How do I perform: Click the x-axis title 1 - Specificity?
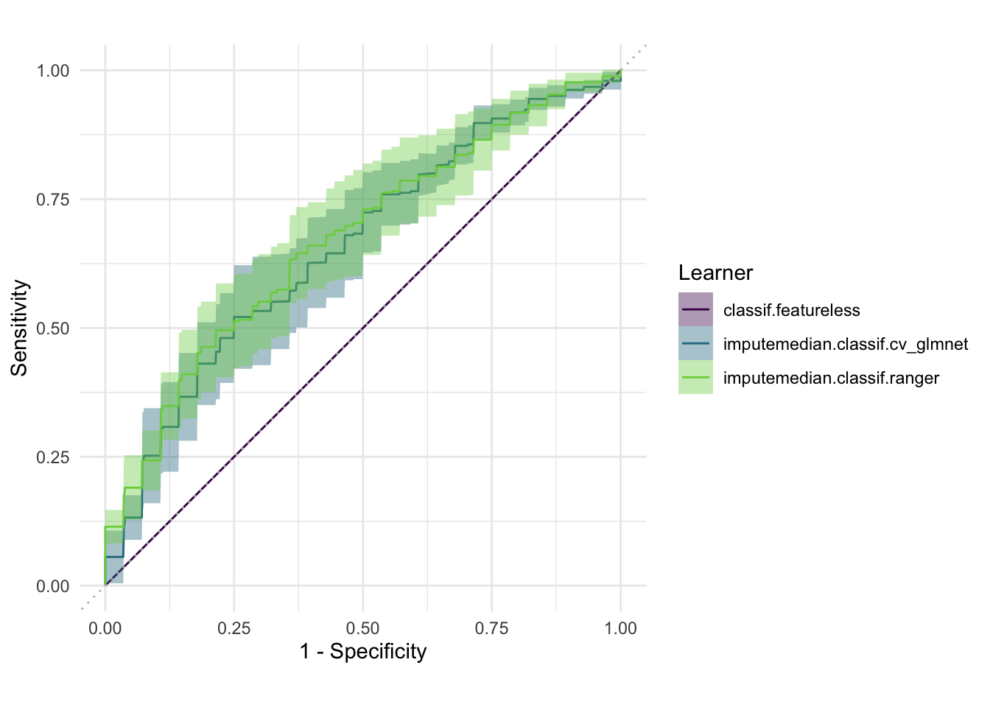click(x=363, y=652)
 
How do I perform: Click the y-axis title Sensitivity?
click(x=19, y=328)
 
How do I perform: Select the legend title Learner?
click(x=715, y=273)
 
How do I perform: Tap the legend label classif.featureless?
click(x=791, y=310)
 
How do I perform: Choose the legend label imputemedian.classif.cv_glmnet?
click(x=845, y=344)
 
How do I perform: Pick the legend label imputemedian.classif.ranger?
click(x=831, y=379)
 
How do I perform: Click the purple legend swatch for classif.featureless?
click(x=695, y=309)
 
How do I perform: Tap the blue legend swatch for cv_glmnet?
click(x=695, y=343)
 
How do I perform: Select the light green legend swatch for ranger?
click(x=695, y=377)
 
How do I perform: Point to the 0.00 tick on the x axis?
click(x=105, y=628)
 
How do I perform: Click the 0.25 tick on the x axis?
click(x=234, y=628)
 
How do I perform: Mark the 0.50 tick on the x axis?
click(x=363, y=628)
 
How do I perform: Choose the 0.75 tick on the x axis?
click(x=491, y=628)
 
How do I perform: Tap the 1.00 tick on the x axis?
click(x=620, y=628)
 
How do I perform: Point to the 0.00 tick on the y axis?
click(x=53, y=586)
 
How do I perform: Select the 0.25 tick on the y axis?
click(x=53, y=457)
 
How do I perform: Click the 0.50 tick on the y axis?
click(x=53, y=328)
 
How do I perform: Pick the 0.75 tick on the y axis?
click(x=53, y=200)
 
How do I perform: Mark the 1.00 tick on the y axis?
click(x=53, y=71)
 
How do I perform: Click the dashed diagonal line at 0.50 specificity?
click(x=363, y=328)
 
